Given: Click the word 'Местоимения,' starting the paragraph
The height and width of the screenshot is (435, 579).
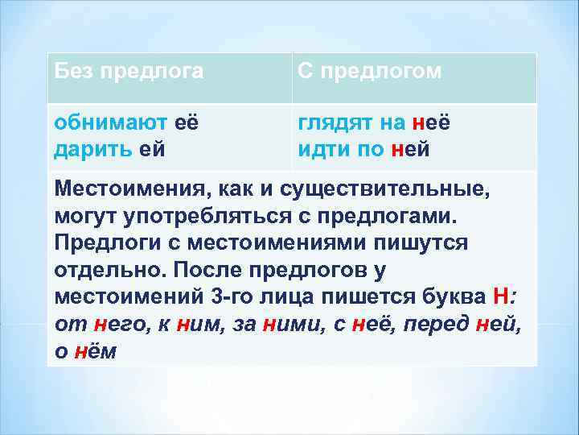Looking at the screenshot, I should [129, 189].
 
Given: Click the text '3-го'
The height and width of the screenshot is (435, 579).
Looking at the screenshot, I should [231, 296].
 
